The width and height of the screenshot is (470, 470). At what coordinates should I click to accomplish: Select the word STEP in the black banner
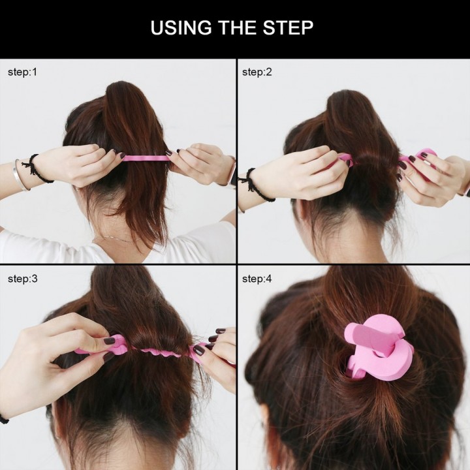(x=290, y=28)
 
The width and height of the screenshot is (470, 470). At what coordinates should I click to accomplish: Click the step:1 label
(x=22, y=72)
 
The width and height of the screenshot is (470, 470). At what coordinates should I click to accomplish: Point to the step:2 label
(x=257, y=72)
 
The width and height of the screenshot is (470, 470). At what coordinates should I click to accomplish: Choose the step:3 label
(x=22, y=279)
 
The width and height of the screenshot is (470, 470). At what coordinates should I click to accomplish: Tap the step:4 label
(x=257, y=279)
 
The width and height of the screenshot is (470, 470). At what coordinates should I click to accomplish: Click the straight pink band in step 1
(x=144, y=158)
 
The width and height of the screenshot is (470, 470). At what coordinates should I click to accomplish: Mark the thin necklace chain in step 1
(x=114, y=240)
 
